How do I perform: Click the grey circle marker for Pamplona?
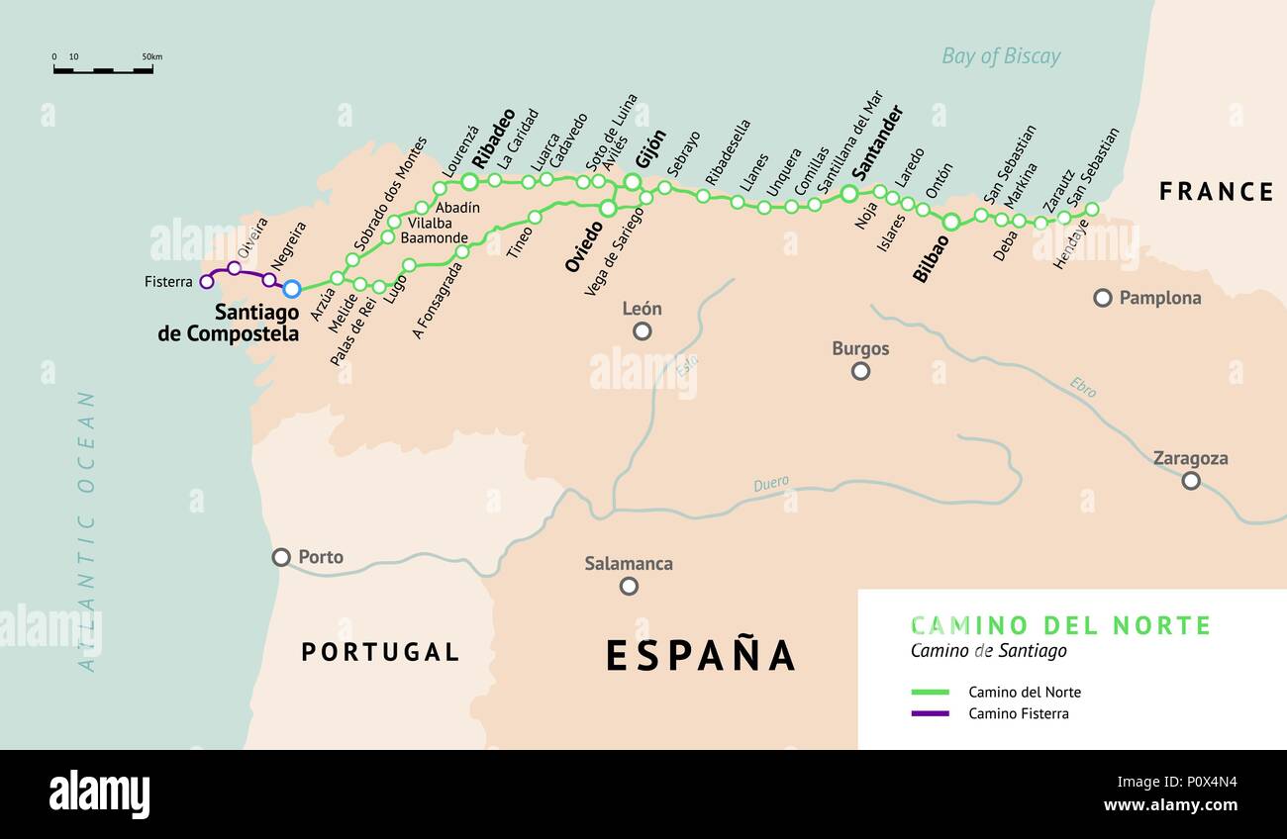pos(1102,298)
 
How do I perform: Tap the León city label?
pos(642,309)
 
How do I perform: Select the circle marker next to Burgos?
pos(860,371)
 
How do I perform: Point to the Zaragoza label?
pos(1190,458)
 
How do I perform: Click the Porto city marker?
pos(282,557)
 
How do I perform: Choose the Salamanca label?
pos(628,564)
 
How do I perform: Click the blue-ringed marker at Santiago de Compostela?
pos(291,289)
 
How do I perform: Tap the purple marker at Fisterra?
pos(207,282)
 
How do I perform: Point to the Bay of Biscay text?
pos(1000,56)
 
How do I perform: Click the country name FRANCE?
pos(1216,192)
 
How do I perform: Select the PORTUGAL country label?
pos(380,652)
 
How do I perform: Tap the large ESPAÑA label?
pos(700,655)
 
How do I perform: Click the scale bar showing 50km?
pos(103,70)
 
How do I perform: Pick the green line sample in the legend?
pos(930,693)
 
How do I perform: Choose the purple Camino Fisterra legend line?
pos(930,713)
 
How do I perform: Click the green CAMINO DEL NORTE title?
pos(1060,625)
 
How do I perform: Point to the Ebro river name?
pos(1082,388)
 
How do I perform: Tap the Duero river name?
pos(771,484)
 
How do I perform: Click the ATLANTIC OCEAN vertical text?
pos(88,531)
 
